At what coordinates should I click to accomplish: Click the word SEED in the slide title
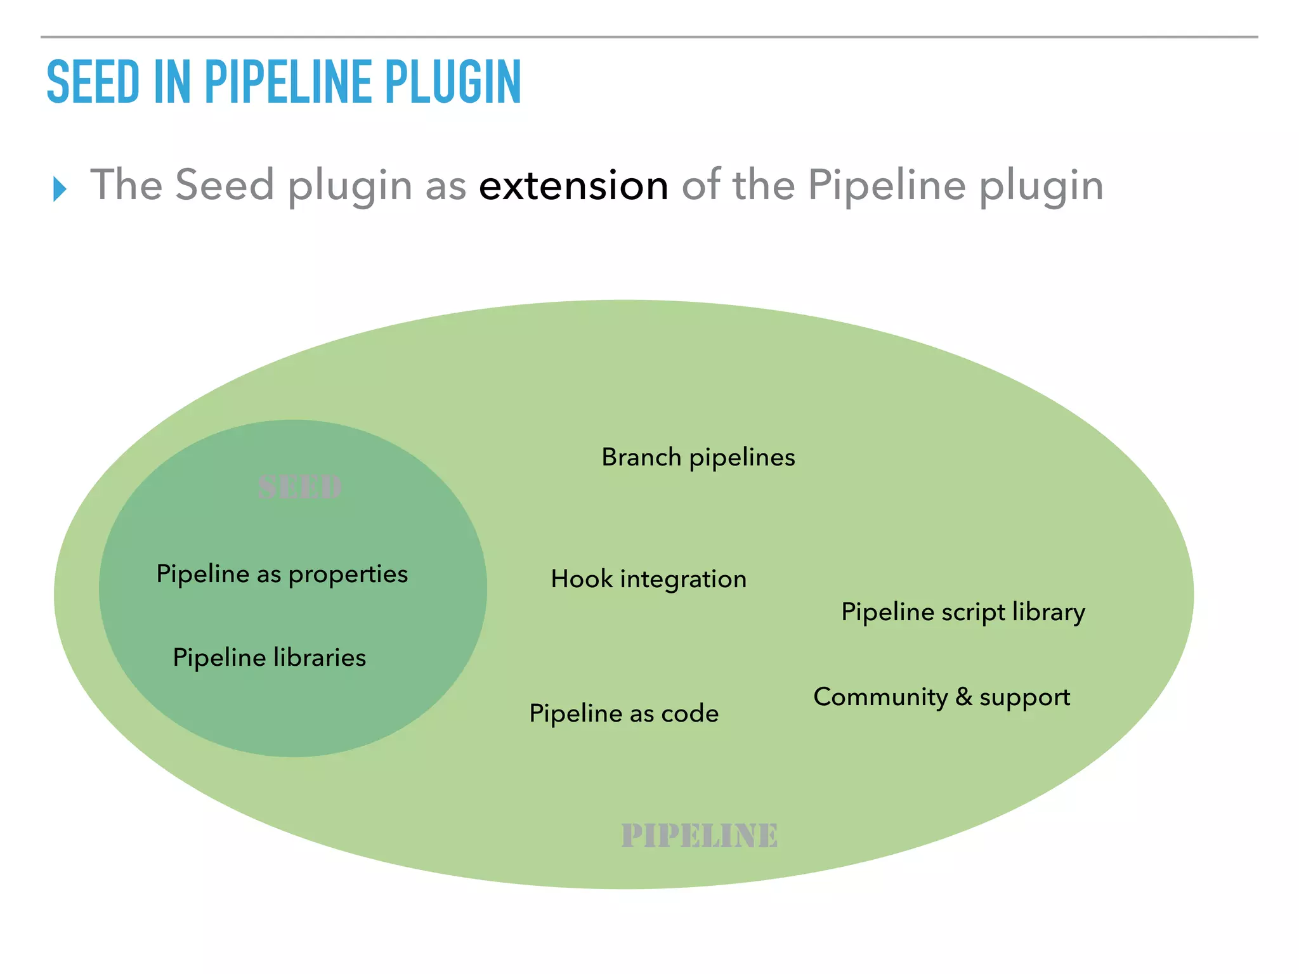click(93, 82)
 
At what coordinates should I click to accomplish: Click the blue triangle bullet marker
click(60, 189)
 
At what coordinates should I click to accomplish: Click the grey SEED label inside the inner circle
click(300, 488)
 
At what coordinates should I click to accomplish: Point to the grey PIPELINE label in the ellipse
click(700, 836)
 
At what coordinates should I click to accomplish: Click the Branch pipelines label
click(698, 458)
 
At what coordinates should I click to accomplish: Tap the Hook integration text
click(649, 579)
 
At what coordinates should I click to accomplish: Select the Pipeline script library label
click(963, 613)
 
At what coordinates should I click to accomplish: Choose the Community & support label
click(942, 698)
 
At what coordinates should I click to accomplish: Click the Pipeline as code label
click(624, 714)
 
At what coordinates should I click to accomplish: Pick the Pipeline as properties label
click(282, 575)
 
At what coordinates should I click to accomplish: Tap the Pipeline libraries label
click(270, 658)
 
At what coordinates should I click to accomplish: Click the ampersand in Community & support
click(963, 697)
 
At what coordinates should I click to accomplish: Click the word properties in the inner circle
click(348, 575)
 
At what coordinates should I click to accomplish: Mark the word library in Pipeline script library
click(1048, 613)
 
